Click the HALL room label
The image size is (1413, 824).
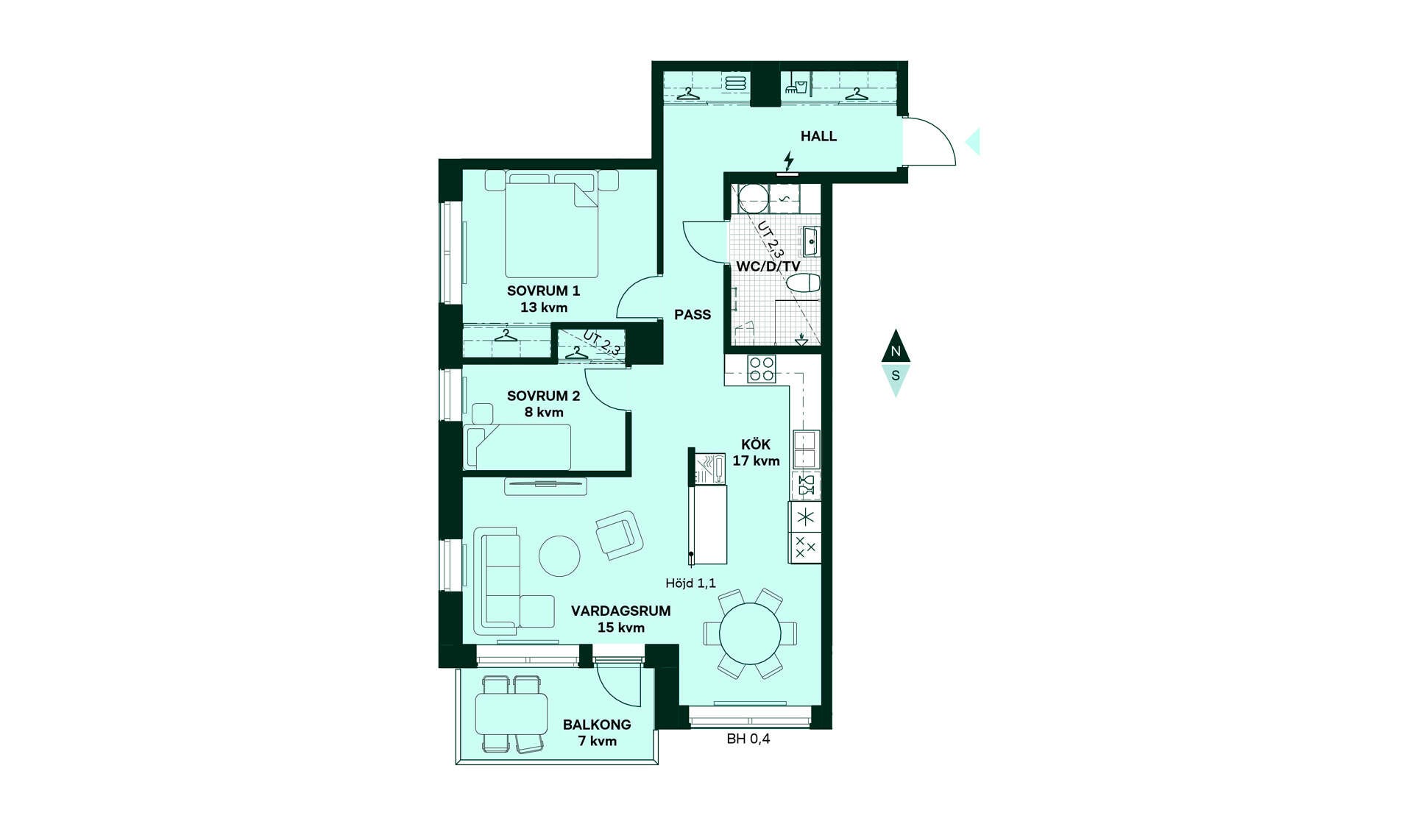coord(818,136)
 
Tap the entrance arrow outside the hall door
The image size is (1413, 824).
coord(974,141)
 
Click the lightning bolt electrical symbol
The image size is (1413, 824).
coord(789,160)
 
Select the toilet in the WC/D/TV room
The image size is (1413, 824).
coord(803,283)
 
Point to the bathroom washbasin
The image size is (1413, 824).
coord(810,241)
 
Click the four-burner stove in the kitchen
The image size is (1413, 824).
coord(762,369)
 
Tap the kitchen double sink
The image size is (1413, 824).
coord(806,449)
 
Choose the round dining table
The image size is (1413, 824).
coord(750,633)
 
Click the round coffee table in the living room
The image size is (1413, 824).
coord(559,555)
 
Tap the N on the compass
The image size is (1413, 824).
coord(896,351)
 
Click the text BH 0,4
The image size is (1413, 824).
coord(748,739)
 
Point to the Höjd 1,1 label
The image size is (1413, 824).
coord(690,583)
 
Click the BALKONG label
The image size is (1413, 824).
coord(597,725)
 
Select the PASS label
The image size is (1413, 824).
coord(693,315)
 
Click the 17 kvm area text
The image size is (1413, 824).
coord(756,461)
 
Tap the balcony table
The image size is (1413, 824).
coord(511,714)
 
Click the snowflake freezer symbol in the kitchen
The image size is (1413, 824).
coord(806,517)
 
